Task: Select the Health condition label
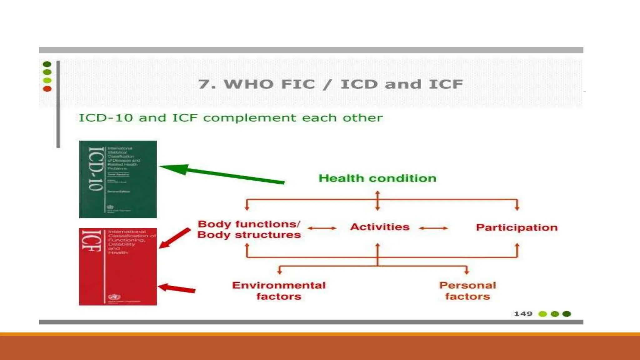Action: coord(377,178)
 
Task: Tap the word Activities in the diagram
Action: coord(380,227)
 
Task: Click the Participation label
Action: coord(517,227)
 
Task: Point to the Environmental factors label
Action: coord(279,291)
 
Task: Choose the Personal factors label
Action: coord(467,291)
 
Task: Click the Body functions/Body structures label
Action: coord(249,229)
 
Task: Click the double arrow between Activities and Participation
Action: coord(433,228)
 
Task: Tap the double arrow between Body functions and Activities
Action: coord(322,228)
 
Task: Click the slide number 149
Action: coord(523,314)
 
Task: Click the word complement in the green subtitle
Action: coord(249,118)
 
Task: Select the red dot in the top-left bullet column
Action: coord(47,89)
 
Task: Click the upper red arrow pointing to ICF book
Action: coord(175,238)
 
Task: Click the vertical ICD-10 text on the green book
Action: coord(95,169)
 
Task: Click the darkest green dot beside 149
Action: coord(567,314)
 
